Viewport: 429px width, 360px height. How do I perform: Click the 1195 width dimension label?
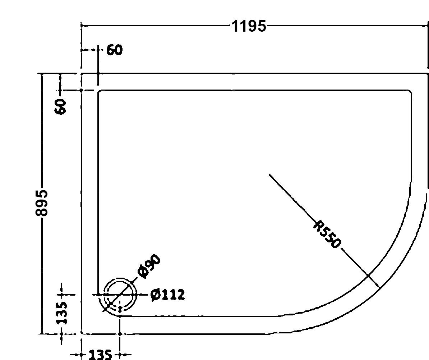(249, 26)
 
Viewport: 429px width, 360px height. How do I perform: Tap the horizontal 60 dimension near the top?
(115, 50)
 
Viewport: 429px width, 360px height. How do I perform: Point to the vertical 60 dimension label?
(60, 107)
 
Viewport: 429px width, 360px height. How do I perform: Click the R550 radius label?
(327, 234)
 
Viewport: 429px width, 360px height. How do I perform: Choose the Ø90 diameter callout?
(149, 266)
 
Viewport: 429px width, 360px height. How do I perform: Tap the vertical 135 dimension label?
(61, 313)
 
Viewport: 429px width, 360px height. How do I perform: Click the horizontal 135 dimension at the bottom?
(101, 355)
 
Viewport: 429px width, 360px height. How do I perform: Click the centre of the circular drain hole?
(120, 295)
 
